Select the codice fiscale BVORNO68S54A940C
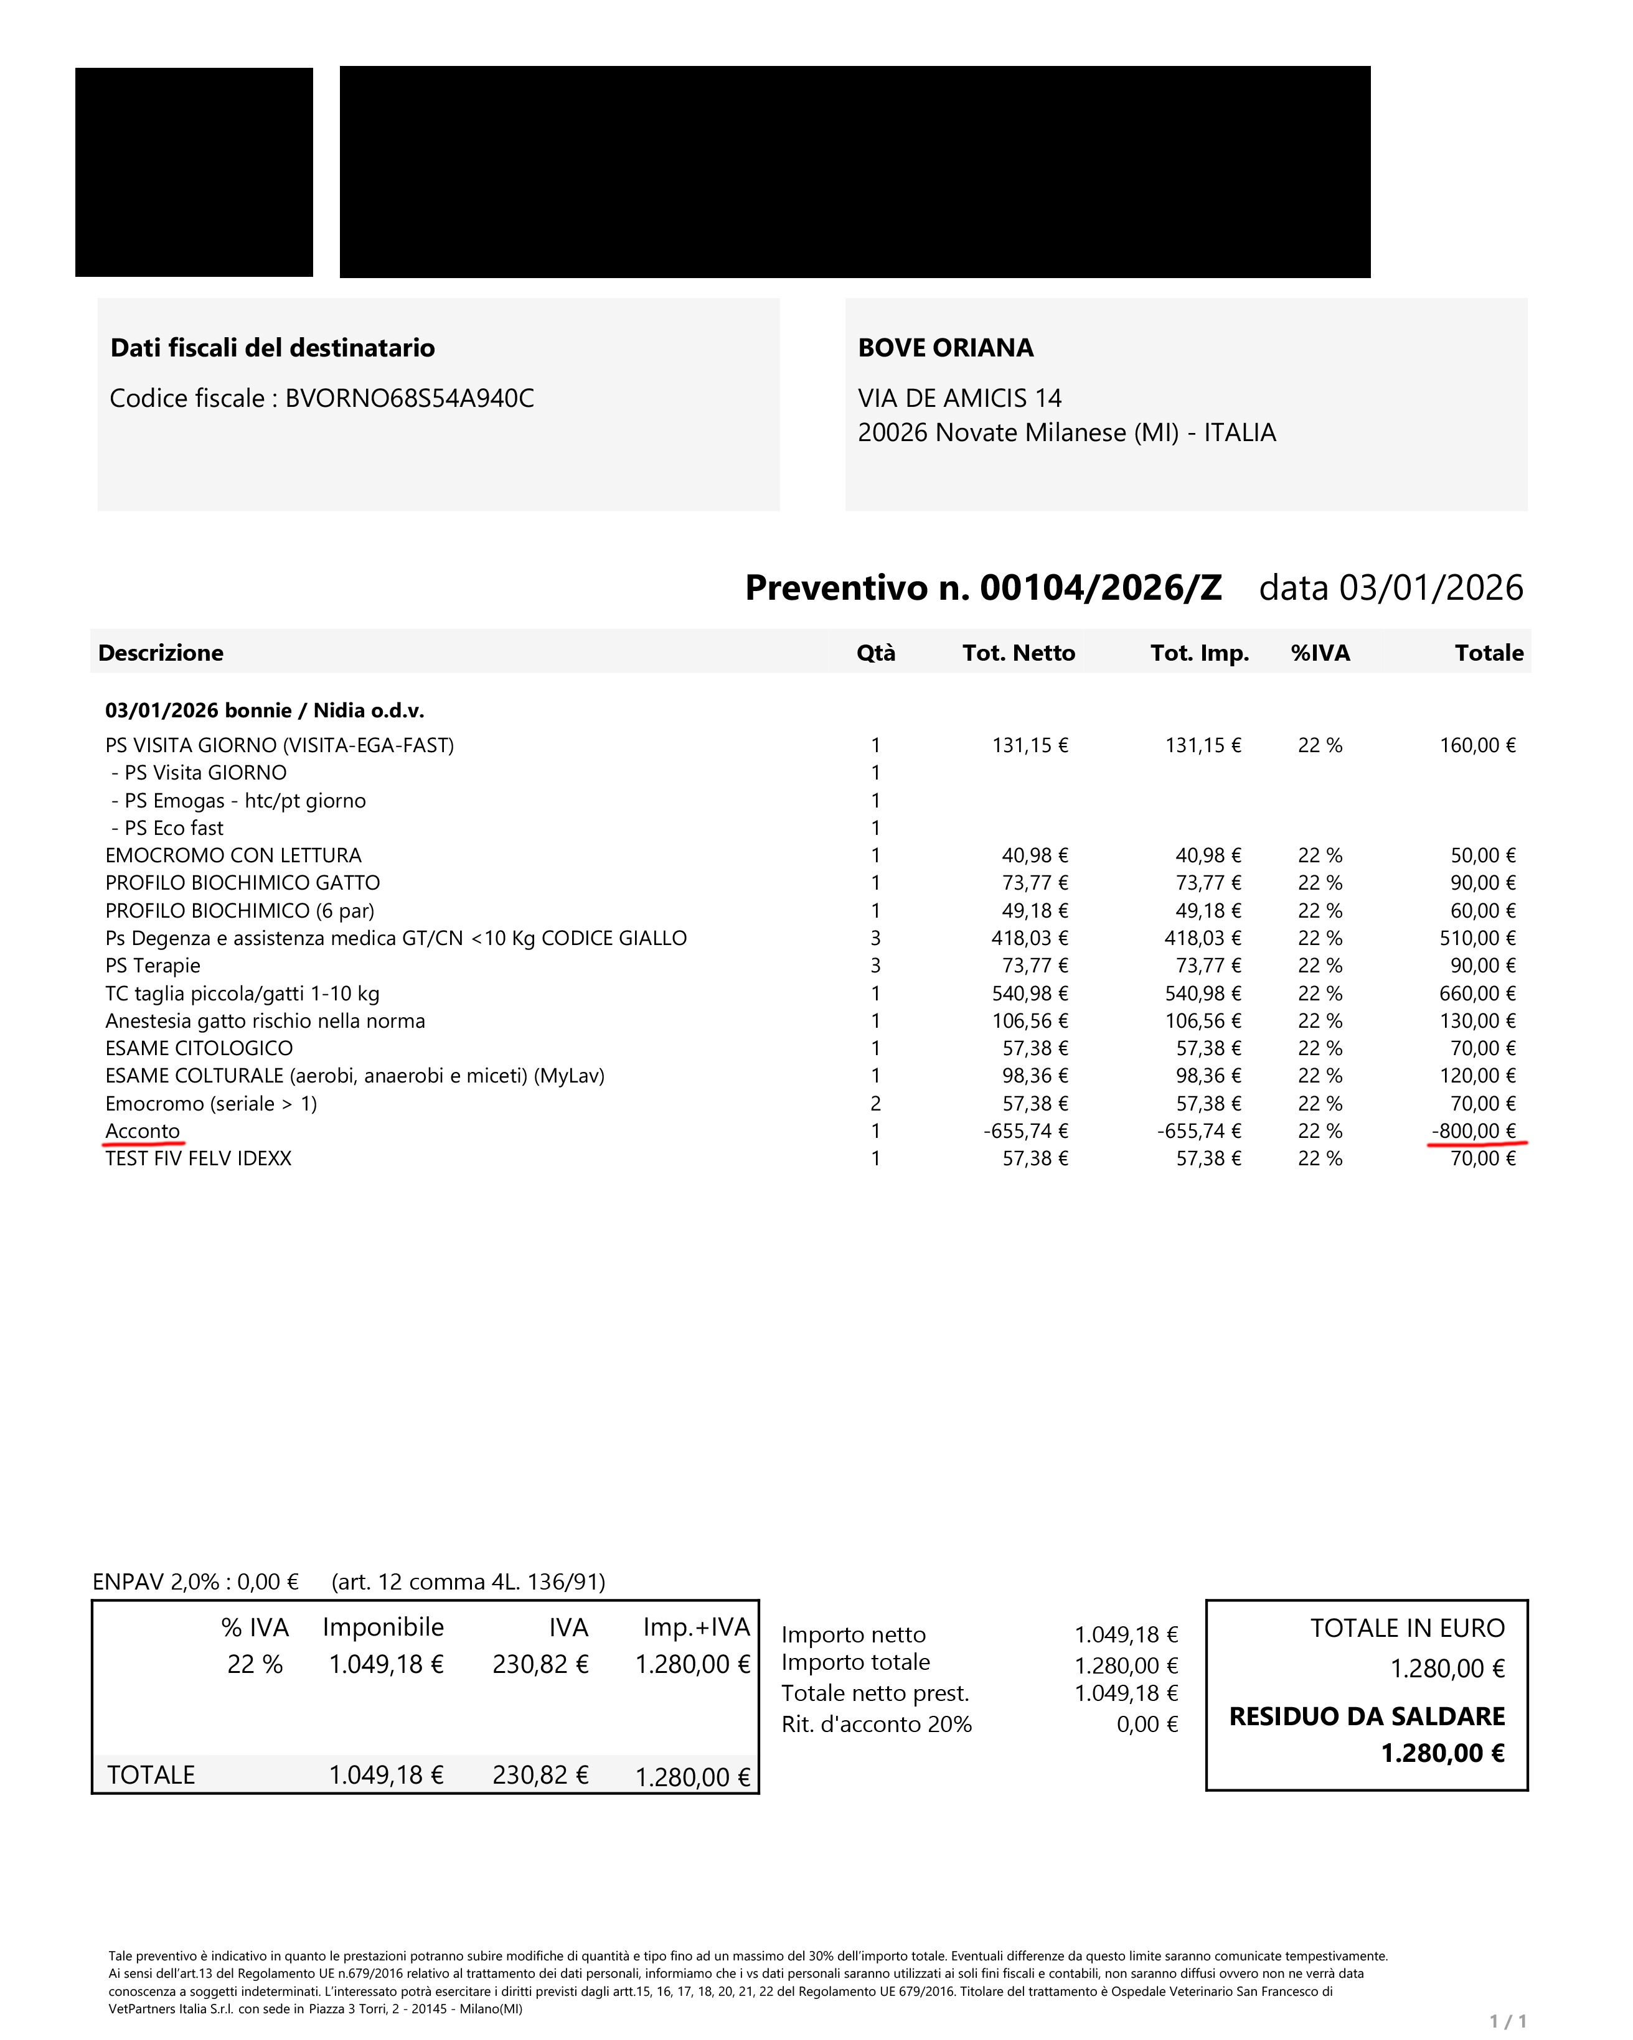coord(409,398)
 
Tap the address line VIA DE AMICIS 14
coord(959,398)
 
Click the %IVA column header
coord(1320,653)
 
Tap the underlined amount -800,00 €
coord(1473,1130)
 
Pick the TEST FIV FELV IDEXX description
coord(198,1158)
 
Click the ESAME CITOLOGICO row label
coord(199,1048)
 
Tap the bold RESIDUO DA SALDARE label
coord(1366,1716)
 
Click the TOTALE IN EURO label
coord(1407,1628)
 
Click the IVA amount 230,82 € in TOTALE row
coord(540,1775)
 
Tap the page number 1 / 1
coord(1507,2021)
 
